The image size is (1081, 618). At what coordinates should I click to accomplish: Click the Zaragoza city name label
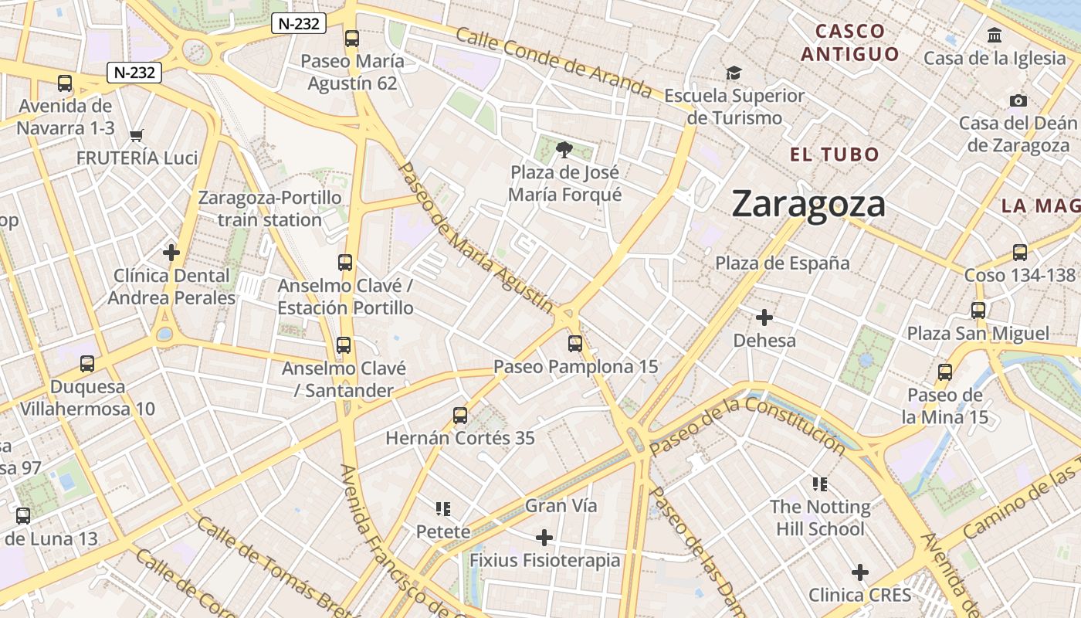[808, 204]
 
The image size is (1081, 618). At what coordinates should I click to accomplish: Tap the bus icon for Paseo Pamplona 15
[575, 343]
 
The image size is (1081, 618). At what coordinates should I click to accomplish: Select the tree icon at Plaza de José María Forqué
[564, 149]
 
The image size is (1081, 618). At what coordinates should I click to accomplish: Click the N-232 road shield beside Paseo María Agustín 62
[299, 24]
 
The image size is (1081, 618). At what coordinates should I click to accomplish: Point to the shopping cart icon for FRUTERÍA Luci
[137, 135]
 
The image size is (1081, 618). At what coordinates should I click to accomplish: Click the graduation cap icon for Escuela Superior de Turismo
[733, 73]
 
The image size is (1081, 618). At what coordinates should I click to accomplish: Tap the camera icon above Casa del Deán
[1018, 100]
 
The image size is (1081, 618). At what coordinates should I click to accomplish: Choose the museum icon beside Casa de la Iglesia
[995, 35]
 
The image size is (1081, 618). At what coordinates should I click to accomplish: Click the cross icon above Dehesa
[764, 317]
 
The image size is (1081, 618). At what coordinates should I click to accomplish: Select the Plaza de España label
[782, 263]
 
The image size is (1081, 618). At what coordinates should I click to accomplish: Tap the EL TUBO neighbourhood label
[834, 154]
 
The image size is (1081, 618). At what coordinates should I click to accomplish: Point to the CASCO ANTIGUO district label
[850, 42]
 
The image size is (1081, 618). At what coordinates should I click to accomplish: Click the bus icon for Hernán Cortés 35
[460, 416]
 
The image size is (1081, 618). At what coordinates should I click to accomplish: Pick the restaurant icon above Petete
[443, 508]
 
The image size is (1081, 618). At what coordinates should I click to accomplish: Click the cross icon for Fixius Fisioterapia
[544, 537]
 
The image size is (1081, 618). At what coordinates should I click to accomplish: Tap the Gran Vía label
[561, 506]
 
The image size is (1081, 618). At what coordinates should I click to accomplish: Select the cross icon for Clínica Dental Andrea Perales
[171, 253]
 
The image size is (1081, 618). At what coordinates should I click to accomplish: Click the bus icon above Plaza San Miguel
[978, 311]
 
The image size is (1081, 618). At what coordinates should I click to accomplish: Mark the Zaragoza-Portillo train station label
[269, 209]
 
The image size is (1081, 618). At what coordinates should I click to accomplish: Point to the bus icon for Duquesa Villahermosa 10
[87, 363]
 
